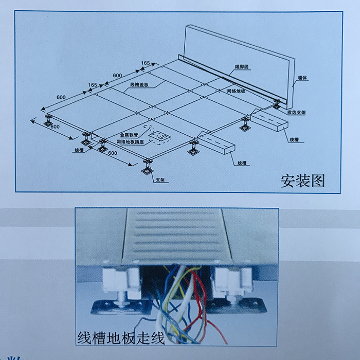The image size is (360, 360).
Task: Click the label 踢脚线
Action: [242, 67]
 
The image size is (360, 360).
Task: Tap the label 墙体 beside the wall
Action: [301, 79]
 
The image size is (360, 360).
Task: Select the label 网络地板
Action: [236, 91]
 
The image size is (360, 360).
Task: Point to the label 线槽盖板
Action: [139, 84]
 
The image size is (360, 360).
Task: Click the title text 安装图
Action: [303, 181]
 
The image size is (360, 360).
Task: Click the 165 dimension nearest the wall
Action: [146, 63]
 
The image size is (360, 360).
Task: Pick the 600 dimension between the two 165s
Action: [118, 76]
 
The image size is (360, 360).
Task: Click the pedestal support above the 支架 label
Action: [147, 166]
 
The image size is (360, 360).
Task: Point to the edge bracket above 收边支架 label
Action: [277, 104]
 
